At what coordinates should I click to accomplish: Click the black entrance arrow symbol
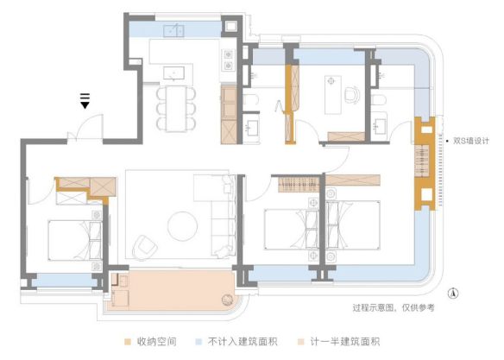tap(85, 104)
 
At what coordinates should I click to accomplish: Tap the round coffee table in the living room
tap(184, 224)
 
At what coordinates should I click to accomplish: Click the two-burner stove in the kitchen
tap(230, 59)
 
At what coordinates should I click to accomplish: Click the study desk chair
tap(353, 90)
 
